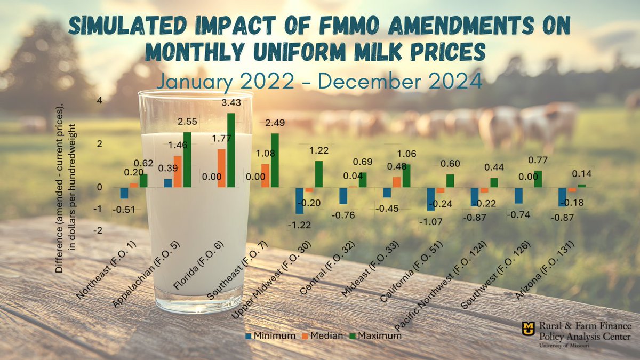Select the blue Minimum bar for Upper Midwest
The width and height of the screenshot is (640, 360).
click(x=299, y=200)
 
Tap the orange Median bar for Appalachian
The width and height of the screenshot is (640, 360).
click(x=178, y=171)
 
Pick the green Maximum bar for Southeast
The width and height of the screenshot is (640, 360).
click(x=275, y=160)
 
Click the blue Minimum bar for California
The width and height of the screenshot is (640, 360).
click(x=431, y=199)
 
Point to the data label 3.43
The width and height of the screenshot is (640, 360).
click(x=230, y=102)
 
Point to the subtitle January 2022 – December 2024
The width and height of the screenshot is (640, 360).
click(x=319, y=82)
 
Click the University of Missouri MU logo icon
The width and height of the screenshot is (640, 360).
click(x=528, y=331)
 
